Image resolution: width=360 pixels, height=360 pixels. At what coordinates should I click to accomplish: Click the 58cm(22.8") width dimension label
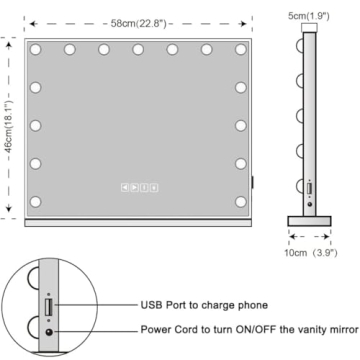coord(138,24)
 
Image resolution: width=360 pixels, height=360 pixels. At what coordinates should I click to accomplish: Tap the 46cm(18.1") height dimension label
coord(10,126)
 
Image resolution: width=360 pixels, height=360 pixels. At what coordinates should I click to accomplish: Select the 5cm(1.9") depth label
coord(309,16)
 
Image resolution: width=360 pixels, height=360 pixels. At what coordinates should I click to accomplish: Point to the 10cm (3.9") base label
coord(311,253)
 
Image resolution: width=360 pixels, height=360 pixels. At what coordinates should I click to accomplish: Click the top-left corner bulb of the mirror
coord(35,50)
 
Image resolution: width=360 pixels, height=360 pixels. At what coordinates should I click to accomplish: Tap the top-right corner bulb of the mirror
coord(241,50)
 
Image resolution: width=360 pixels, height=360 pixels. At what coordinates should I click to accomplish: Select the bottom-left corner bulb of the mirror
coord(35,202)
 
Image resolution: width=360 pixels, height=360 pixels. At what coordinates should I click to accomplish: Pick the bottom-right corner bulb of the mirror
coord(241,202)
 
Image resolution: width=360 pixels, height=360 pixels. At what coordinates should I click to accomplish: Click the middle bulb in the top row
coord(138,50)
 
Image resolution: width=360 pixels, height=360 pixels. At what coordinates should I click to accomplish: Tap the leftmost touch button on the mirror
coord(125,188)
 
